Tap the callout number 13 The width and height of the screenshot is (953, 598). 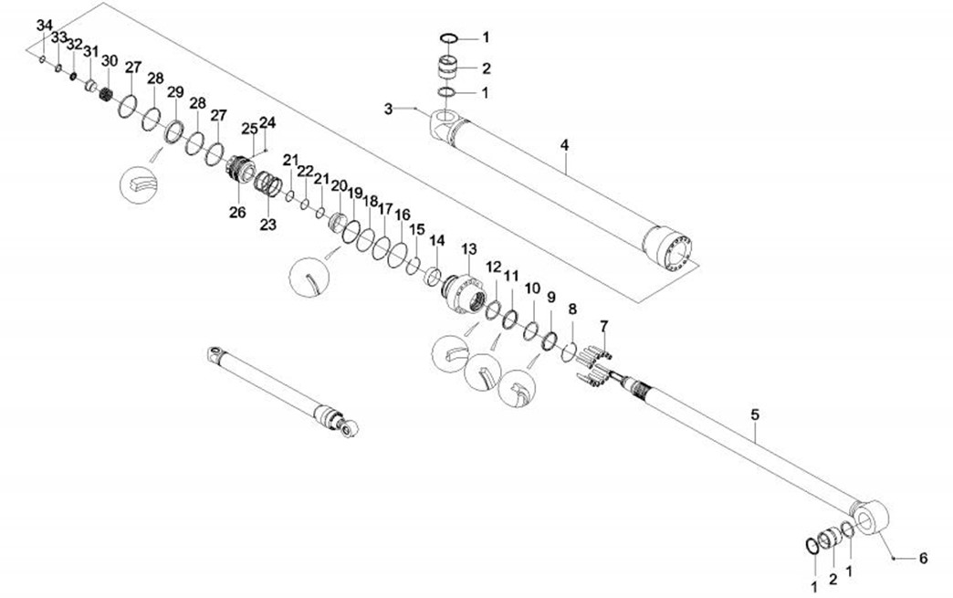coord(469,249)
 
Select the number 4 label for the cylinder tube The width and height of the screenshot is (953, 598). coord(565,145)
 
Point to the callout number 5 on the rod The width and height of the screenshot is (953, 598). coord(755,414)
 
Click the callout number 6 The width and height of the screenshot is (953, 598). coord(922,558)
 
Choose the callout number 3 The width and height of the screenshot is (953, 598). coord(388,110)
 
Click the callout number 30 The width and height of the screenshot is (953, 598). coord(110,61)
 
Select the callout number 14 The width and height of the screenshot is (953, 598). coord(437,241)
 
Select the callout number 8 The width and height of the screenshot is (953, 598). coord(572,309)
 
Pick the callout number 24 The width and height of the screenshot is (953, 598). coord(267,122)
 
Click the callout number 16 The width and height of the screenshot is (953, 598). coord(403,215)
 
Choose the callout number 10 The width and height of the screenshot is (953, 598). coord(532,288)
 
